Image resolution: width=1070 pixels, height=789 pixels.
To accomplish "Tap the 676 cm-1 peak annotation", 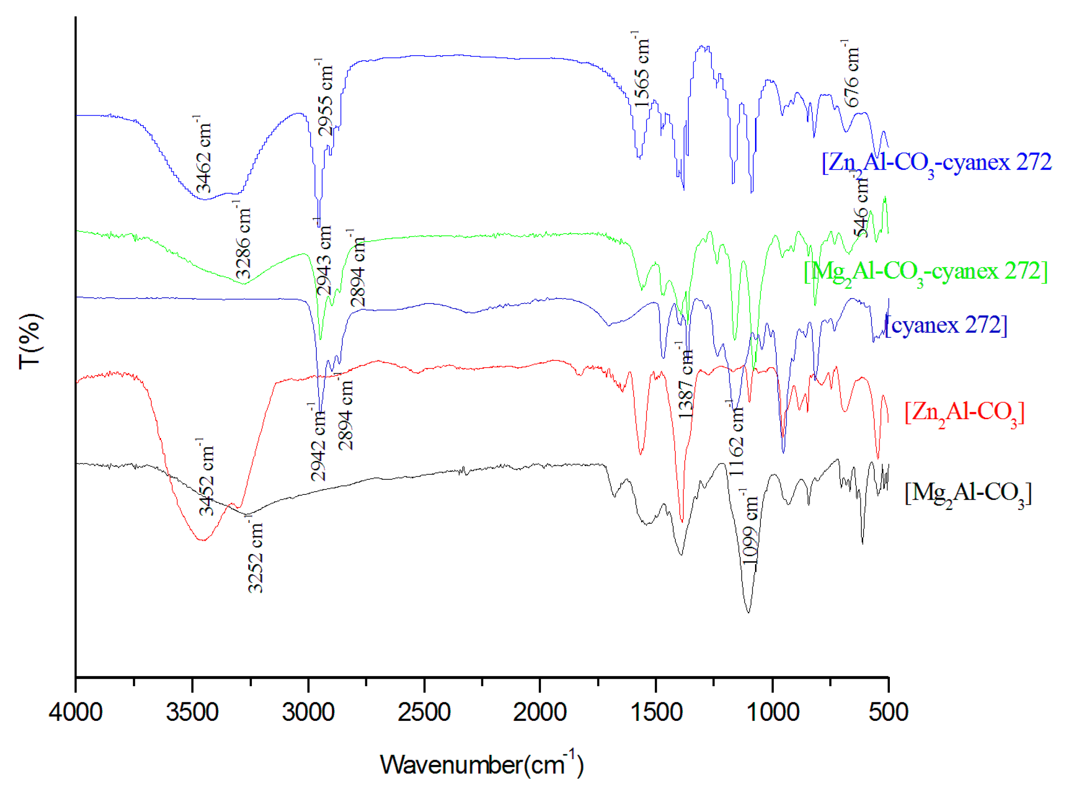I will pyautogui.click(x=851, y=74).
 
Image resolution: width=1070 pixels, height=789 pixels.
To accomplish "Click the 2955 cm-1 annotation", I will pyautogui.click(x=325, y=97).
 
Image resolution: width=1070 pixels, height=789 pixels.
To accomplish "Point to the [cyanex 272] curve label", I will pyautogui.click(x=946, y=326).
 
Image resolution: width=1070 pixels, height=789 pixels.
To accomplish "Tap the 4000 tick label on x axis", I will pyautogui.click(x=76, y=712).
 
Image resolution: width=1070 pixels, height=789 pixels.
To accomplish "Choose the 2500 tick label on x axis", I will pyautogui.click(x=424, y=712).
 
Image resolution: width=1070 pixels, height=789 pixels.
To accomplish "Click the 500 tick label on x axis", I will pyautogui.click(x=888, y=712).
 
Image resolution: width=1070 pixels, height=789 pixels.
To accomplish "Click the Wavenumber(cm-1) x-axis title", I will pyautogui.click(x=481, y=764).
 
